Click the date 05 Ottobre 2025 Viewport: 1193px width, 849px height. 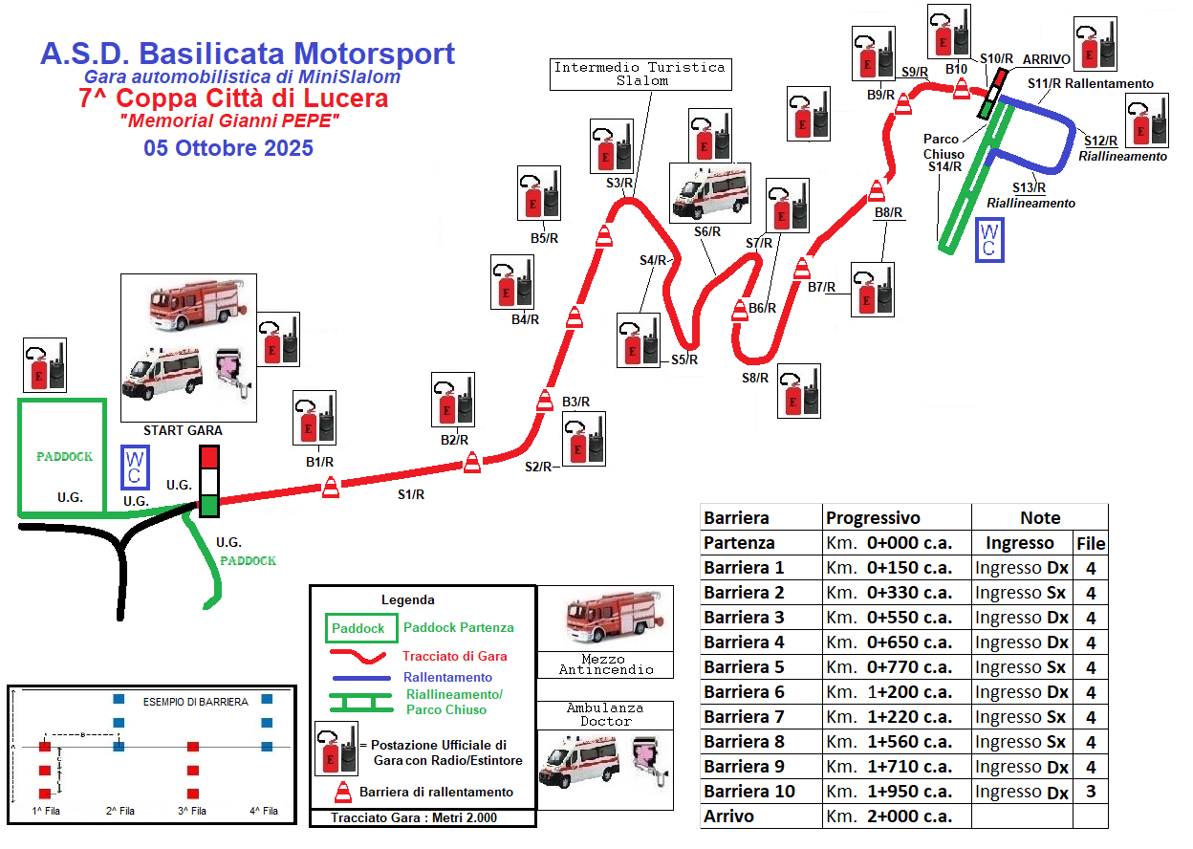[228, 148]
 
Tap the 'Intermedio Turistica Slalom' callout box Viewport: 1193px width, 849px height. [640, 74]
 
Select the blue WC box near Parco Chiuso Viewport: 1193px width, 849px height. [989, 240]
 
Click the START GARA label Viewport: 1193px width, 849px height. [176, 430]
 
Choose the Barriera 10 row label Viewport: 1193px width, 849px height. [749, 792]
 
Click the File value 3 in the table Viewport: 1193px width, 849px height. [1090, 792]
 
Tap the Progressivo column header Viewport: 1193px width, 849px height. [873, 517]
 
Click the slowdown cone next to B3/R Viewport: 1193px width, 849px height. [545, 401]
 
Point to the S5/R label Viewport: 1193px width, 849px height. [683, 360]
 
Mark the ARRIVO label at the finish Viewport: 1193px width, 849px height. [1046, 60]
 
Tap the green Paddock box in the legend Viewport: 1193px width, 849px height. [359, 628]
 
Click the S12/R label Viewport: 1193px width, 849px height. [1101, 141]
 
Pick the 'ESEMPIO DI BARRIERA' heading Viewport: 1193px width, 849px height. [196, 702]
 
